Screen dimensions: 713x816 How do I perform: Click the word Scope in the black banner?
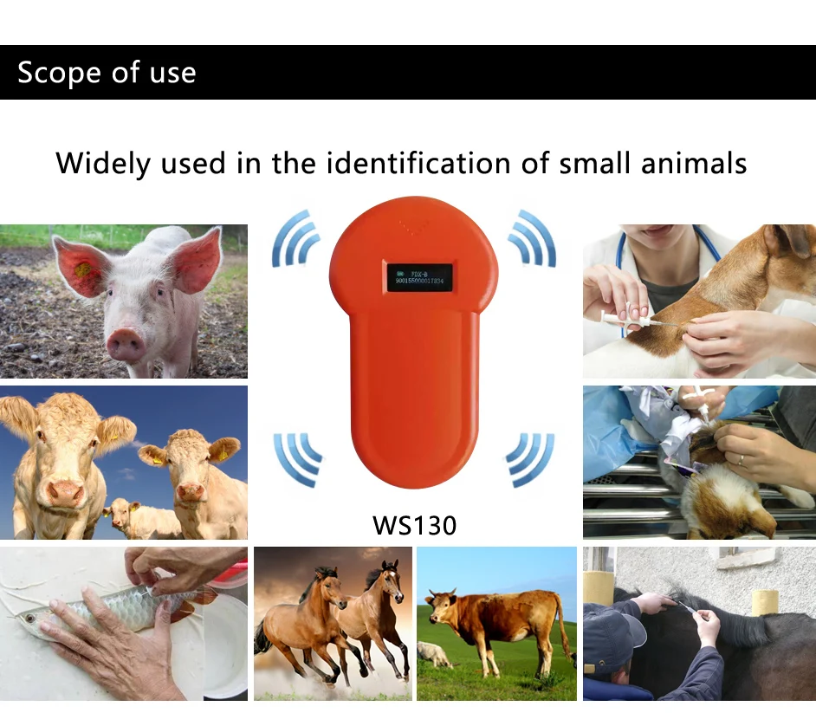point(58,73)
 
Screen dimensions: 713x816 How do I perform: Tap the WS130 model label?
point(414,524)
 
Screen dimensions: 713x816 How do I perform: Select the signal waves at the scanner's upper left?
point(295,238)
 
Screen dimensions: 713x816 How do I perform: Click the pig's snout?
point(126,344)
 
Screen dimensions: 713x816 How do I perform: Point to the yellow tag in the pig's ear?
point(83,270)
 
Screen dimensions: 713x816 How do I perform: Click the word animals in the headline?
point(696,163)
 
